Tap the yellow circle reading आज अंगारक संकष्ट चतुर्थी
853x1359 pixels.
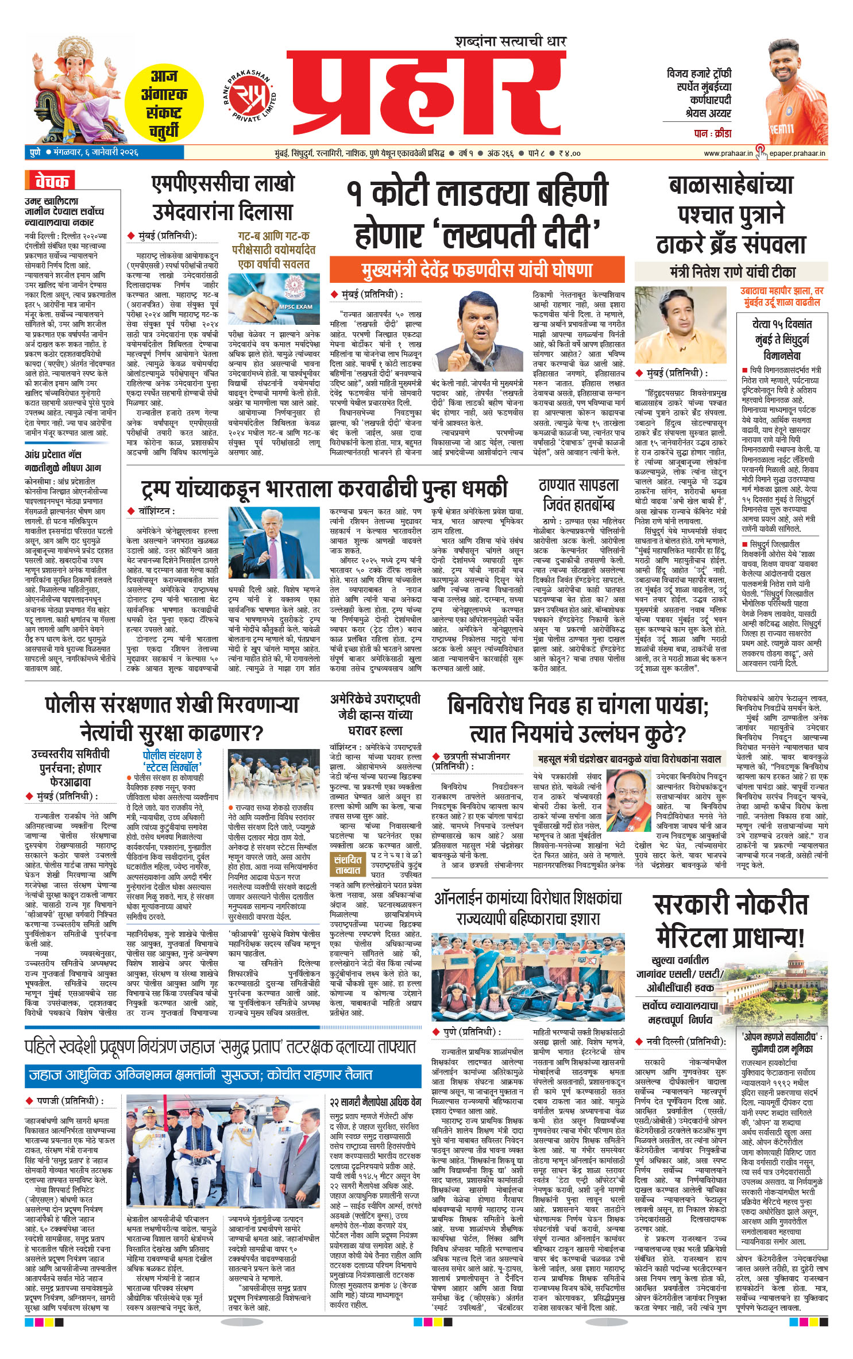[x=164, y=104]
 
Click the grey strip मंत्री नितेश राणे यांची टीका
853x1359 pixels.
[x=731, y=271]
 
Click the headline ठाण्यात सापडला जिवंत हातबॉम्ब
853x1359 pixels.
[x=578, y=495]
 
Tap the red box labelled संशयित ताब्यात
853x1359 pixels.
[x=348, y=865]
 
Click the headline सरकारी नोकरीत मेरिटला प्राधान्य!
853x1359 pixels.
[x=730, y=921]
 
